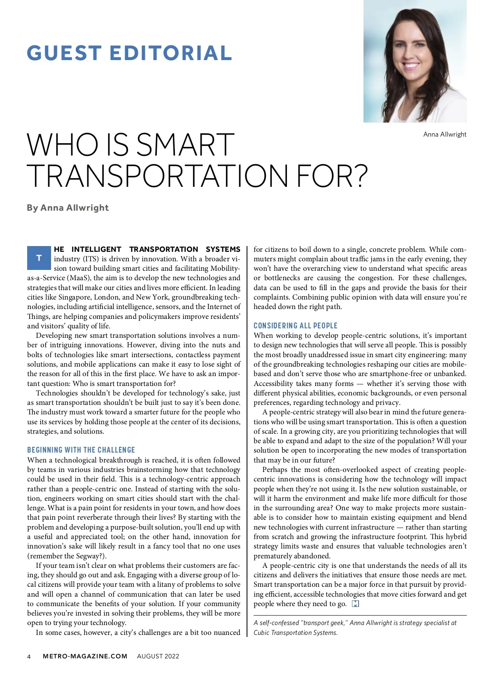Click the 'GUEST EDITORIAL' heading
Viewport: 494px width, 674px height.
130,53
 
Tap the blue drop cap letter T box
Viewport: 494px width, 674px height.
39,258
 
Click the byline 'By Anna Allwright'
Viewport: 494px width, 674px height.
68,208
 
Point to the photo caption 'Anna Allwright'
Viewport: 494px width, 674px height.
445,135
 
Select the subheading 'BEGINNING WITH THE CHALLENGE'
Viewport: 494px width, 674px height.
81,450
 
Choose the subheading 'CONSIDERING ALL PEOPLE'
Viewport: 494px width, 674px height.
295,325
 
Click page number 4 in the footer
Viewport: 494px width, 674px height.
29,656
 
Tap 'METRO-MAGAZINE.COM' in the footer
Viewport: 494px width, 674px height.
85,656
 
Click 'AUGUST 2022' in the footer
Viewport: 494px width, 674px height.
158,656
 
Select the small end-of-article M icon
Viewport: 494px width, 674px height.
356,604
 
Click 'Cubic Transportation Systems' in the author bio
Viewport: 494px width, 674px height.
295,632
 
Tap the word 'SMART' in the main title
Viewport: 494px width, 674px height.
185,145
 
